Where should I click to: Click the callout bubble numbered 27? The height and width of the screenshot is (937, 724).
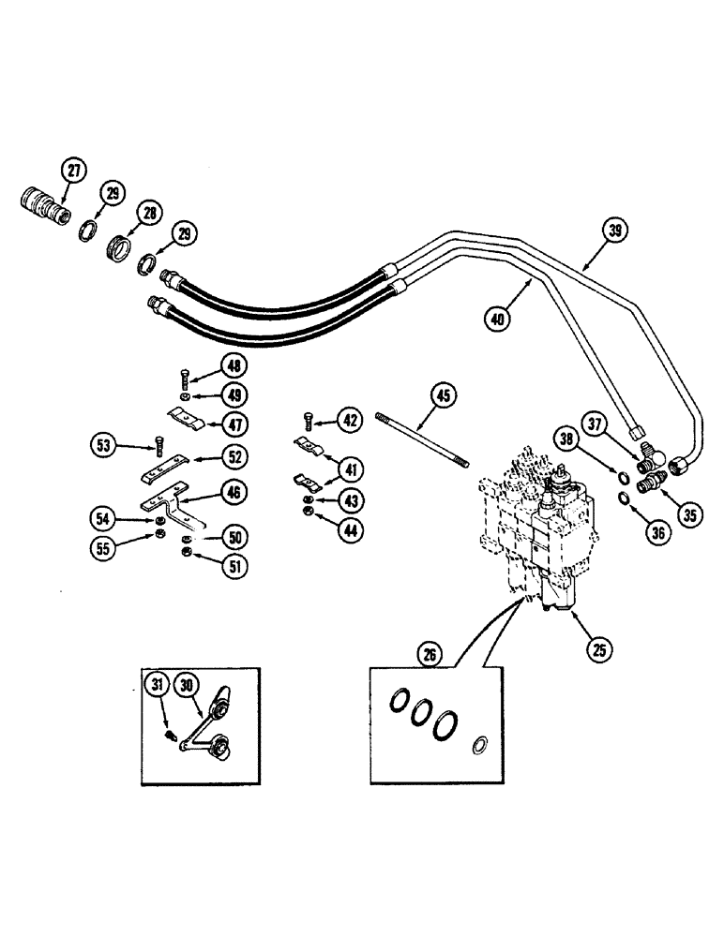tap(72, 171)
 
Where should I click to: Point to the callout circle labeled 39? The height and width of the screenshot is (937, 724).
tap(613, 230)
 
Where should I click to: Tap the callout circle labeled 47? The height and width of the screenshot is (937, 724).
tap(234, 424)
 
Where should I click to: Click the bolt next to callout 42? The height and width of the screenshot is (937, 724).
tap(309, 421)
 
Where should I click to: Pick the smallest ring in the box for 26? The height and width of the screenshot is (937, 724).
tap(479, 745)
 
